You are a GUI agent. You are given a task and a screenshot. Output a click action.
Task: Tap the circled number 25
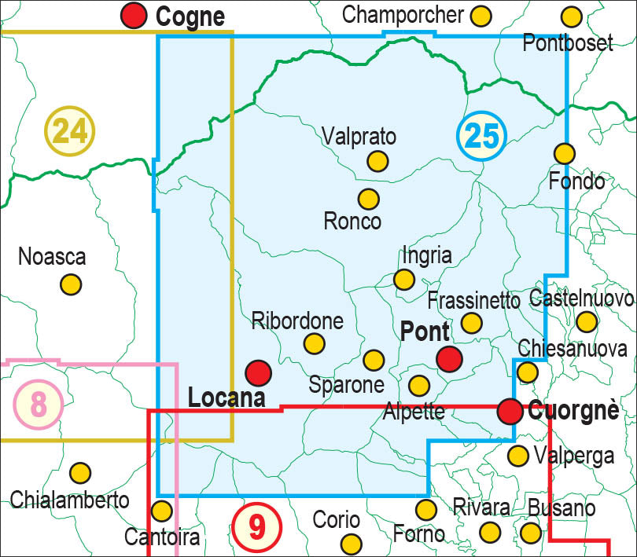pyautogui.click(x=481, y=136)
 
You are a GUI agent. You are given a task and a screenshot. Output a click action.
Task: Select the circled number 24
pyautogui.click(x=70, y=130)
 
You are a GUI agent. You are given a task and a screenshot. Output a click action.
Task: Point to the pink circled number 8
pyautogui.click(x=38, y=405)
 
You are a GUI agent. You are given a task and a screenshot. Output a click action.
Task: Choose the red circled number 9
pyautogui.click(x=257, y=526)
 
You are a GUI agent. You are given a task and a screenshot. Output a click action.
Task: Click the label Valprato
pyautogui.click(x=359, y=136)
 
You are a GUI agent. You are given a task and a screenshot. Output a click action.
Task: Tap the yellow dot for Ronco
pyautogui.click(x=368, y=199)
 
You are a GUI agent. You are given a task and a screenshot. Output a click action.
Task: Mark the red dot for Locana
pyautogui.click(x=258, y=372)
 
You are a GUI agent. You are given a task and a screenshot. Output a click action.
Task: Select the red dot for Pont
pyautogui.click(x=449, y=358)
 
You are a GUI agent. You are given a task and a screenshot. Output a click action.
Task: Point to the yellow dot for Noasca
pyautogui.click(x=72, y=284)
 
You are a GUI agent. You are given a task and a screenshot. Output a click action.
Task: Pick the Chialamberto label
pyautogui.click(x=69, y=500)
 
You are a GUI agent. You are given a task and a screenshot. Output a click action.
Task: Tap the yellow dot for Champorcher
pyautogui.click(x=481, y=15)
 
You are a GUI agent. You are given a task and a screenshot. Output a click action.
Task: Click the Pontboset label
pyautogui.click(x=568, y=42)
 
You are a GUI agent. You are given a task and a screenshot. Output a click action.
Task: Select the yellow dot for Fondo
pyautogui.click(x=564, y=153)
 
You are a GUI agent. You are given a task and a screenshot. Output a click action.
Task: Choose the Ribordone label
pyautogui.click(x=297, y=321)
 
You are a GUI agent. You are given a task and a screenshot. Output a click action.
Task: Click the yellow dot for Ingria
pyautogui.click(x=404, y=279)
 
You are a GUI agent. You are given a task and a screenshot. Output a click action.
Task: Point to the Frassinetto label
pyautogui.click(x=474, y=301)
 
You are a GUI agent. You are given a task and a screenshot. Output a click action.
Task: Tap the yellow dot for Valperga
pyautogui.click(x=517, y=455)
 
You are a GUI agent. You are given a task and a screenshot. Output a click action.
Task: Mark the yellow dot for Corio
pyautogui.click(x=351, y=543)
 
